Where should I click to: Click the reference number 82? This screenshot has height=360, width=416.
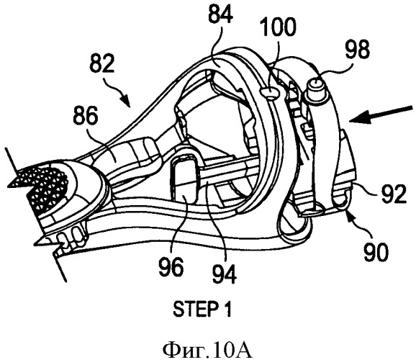click(x=102, y=63)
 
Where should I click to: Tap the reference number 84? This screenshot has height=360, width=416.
click(x=221, y=14)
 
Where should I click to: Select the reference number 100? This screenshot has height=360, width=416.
click(x=278, y=27)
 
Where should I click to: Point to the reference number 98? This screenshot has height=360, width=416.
click(x=357, y=50)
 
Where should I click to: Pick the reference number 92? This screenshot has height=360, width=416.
click(x=394, y=194)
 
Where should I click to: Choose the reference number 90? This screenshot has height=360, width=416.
click(x=376, y=252)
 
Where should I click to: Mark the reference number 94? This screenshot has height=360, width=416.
click(x=224, y=275)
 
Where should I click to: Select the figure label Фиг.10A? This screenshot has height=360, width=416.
click(x=207, y=350)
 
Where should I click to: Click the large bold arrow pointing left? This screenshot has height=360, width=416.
click(x=381, y=114)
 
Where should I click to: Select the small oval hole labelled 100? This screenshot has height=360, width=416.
click(x=269, y=92)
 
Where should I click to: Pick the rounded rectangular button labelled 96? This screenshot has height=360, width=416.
click(x=186, y=179)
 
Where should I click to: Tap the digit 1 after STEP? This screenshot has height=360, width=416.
click(x=227, y=310)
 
